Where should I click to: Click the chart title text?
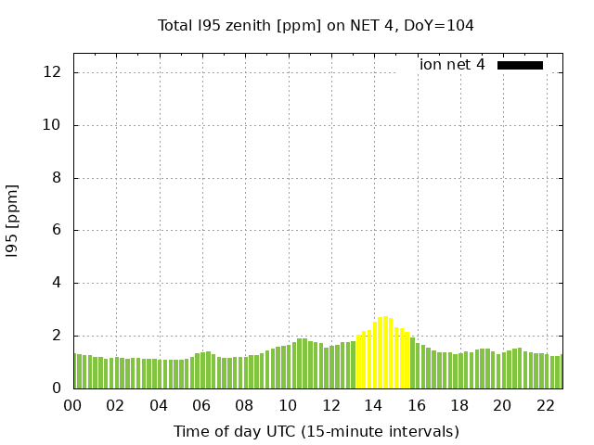[x=316, y=25]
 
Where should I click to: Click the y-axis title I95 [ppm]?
[x=13, y=220]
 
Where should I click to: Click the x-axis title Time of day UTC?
[x=316, y=431]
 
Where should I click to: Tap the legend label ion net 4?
[x=452, y=65]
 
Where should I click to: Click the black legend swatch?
[x=520, y=65]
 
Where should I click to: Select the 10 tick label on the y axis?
[x=54, y=125]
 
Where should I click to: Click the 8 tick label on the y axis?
[x=58, y=178]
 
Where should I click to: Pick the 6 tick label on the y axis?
[x=58, y=230]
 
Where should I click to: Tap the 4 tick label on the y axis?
[x=58, y=283]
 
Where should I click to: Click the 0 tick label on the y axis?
[x=58, y=388]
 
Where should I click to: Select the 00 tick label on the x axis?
[x=72, y=405]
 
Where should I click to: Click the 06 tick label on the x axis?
[x=201, y=405]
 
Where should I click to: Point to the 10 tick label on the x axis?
[x=288, y=405]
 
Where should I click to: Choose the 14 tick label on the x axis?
[x=373, y=405]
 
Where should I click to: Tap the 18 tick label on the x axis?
[x=459, y=405]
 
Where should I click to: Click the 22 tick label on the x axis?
[x=545, y=405]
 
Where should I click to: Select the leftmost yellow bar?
[x=358, y=362]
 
